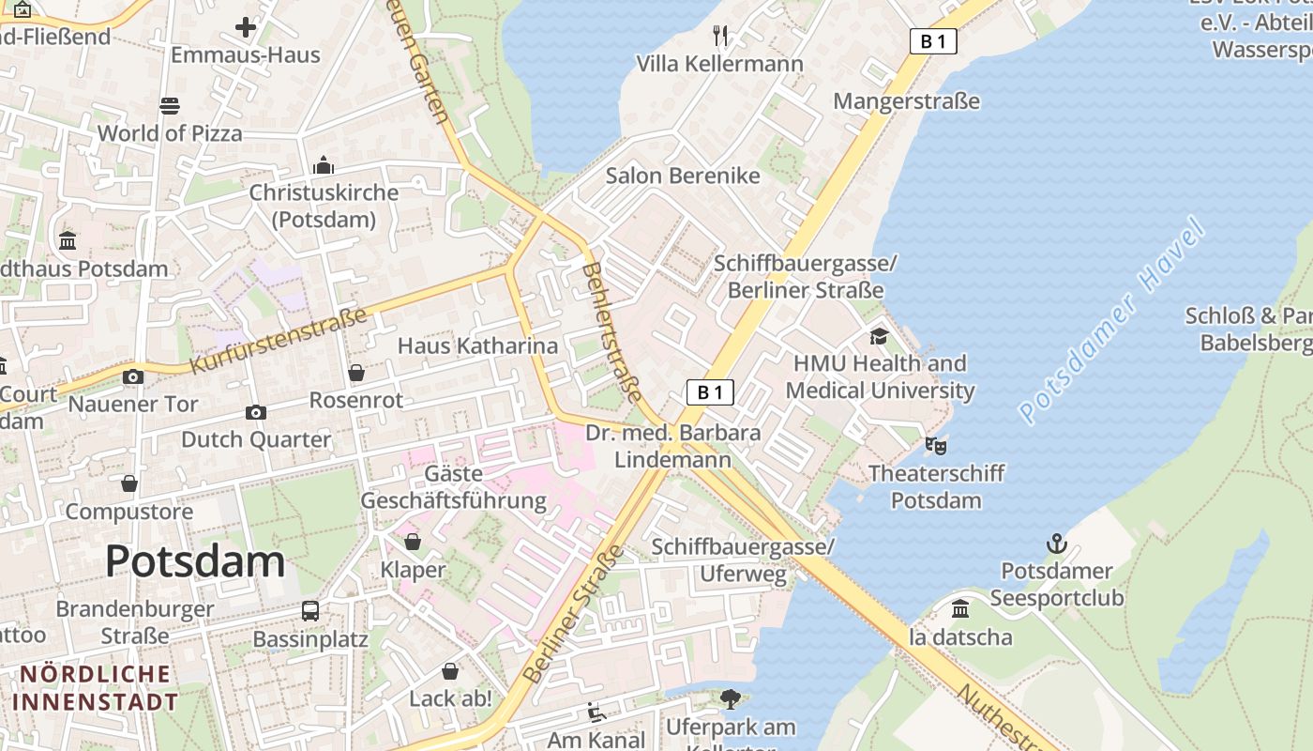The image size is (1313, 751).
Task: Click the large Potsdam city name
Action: (x=195, y=561)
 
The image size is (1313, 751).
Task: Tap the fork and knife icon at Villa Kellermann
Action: (x=720, y=36)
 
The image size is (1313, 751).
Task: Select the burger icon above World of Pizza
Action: (x=170, y=105)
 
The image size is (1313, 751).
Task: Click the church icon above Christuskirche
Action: (x=324, y=165)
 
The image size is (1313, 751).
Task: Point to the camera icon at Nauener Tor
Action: (x=133, y=376)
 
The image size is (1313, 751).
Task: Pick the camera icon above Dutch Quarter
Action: (x=255, y=412)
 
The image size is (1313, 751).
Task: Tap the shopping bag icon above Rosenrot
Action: (x=356, y=373)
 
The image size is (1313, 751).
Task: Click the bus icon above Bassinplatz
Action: (x=310, y=611)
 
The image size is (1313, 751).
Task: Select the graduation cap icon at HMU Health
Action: (x=879, y=336)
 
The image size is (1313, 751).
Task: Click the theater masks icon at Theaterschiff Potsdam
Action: (x=935, y=445)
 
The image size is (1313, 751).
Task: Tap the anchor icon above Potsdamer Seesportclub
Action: (x=1056, y=544)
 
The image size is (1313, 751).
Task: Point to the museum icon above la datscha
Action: (x=960, y=609)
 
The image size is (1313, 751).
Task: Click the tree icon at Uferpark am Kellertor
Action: (x=730, y=699)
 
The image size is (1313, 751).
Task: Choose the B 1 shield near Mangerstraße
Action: (x=933, y=41)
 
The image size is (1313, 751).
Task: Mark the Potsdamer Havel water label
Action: (x=1111, y=321)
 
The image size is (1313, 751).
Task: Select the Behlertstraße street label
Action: (x=611, y=331)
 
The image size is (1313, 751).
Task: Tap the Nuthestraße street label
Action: (x=1004, y=718)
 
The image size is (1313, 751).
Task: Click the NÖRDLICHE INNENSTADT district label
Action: (x=96, y=688)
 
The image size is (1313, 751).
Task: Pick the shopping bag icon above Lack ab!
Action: (x=450, y=671)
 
